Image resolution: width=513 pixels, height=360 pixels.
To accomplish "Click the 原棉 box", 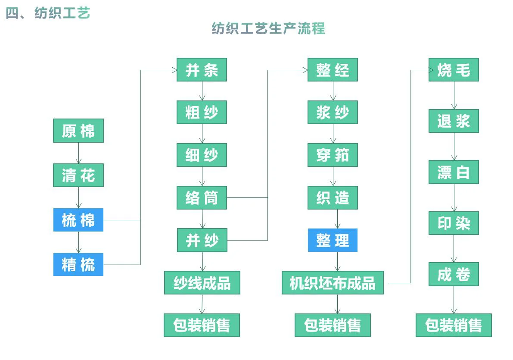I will [x=78, y=131].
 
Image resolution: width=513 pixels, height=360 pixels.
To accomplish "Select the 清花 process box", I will [x=78, y=175].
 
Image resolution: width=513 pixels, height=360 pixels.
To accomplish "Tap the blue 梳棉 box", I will [x=78, y=220].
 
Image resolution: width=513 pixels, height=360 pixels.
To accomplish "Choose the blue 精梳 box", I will [x=78, y=264].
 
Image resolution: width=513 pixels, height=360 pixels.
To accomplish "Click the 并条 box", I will [x=202, y=70].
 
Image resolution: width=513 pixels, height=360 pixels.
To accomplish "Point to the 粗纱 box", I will [x=202, y=113].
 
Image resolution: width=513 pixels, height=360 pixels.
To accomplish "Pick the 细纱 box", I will [x=202, y=155].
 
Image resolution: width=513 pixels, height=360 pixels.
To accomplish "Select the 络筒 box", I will [x=202, y=198].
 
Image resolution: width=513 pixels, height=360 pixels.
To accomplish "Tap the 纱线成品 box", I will [x=202, y=283].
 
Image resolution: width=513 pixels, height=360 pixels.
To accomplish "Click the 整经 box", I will [x=333, y=70].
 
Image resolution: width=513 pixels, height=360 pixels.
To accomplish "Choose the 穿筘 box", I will [x=333, y=155].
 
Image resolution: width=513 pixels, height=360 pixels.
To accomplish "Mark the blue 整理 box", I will [x=333, y=240].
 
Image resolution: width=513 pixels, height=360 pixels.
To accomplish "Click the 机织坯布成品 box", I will [x=333, y=283].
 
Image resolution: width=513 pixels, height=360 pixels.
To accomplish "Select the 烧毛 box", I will [x=454, y=70].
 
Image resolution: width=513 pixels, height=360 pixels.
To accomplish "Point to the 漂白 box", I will [x=454, y=172].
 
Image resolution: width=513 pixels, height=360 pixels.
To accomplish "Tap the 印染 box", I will [x=454, y=223].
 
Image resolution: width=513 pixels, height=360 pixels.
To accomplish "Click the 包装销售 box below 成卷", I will [x=454, y=325].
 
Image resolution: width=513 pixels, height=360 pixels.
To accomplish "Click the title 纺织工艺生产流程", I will [x=268, y=28].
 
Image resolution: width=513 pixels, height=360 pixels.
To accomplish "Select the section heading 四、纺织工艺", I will [x=48, y=13].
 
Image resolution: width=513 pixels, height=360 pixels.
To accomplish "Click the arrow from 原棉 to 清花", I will [x=78, y=153].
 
